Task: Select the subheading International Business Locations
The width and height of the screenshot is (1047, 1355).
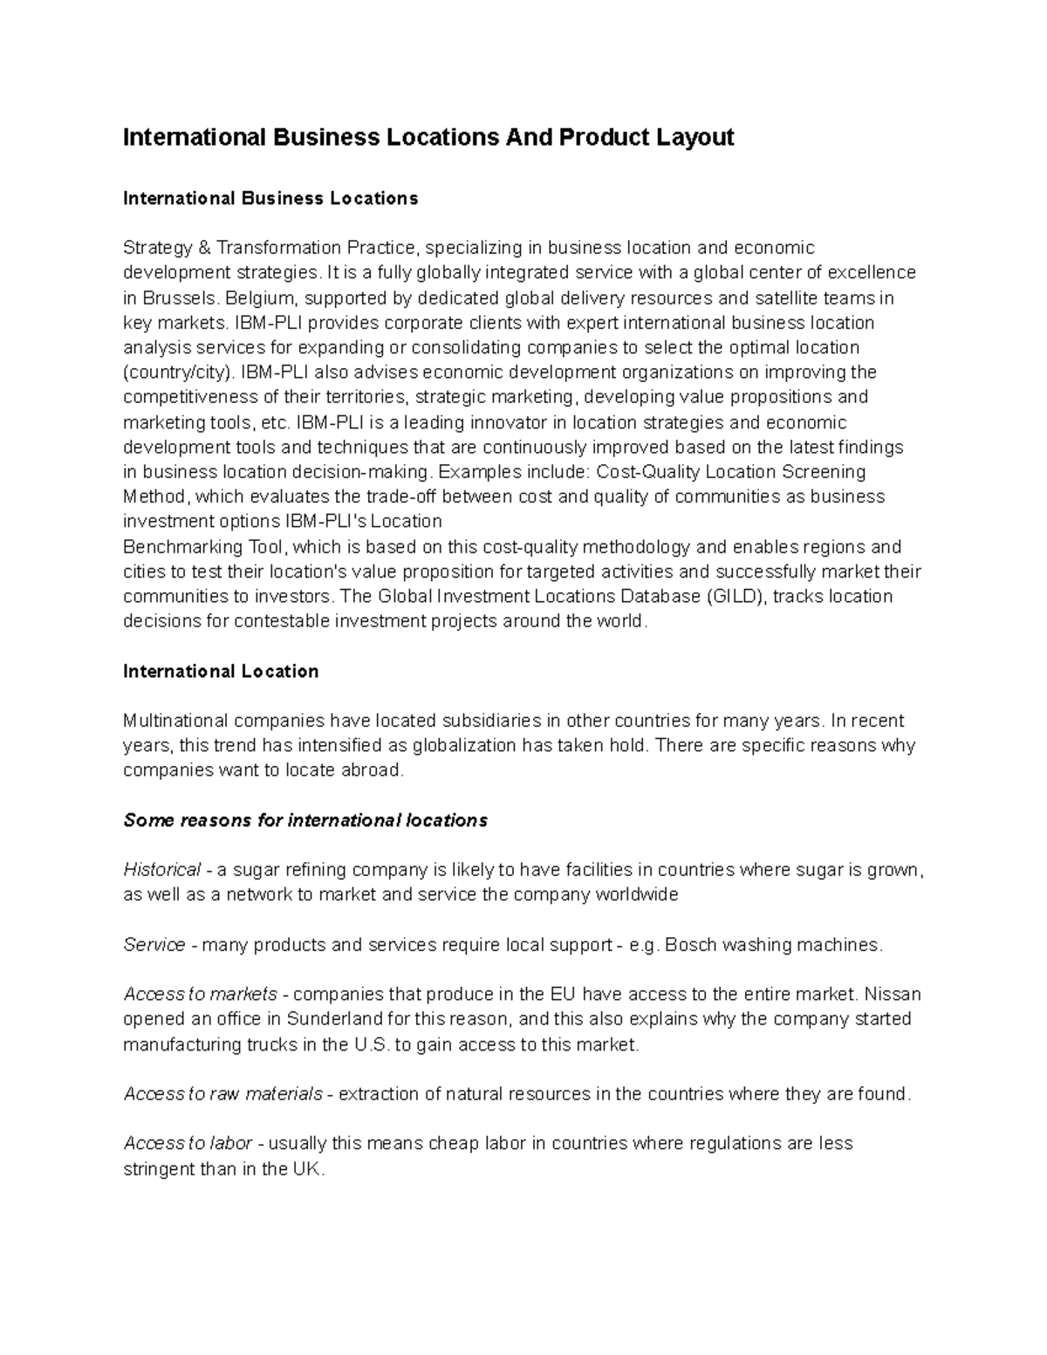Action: click(270, 198)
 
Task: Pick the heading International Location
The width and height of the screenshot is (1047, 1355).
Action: click(221, 671)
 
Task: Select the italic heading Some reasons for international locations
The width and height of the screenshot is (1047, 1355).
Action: click(305, 820)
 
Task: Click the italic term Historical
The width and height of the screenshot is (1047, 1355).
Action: click(162, 870)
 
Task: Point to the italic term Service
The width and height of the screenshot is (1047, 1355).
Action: click(154, 945)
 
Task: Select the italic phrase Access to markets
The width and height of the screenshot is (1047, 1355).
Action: click(201, 994)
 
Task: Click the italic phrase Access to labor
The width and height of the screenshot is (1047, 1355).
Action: click(188, 1143)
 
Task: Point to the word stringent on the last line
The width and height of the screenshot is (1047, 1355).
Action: click(159, 1169)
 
